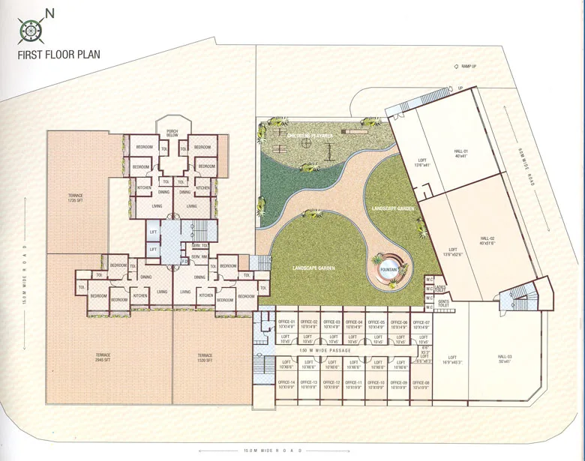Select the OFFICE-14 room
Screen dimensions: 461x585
tap(286, 384)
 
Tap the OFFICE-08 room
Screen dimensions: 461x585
tap(421, 384)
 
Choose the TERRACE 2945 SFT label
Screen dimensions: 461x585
tap(102, 358)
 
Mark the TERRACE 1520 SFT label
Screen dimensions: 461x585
tap(205, 358)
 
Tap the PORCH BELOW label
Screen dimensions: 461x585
tap(172, 132)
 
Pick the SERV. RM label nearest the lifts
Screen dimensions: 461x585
tap(199, 247)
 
